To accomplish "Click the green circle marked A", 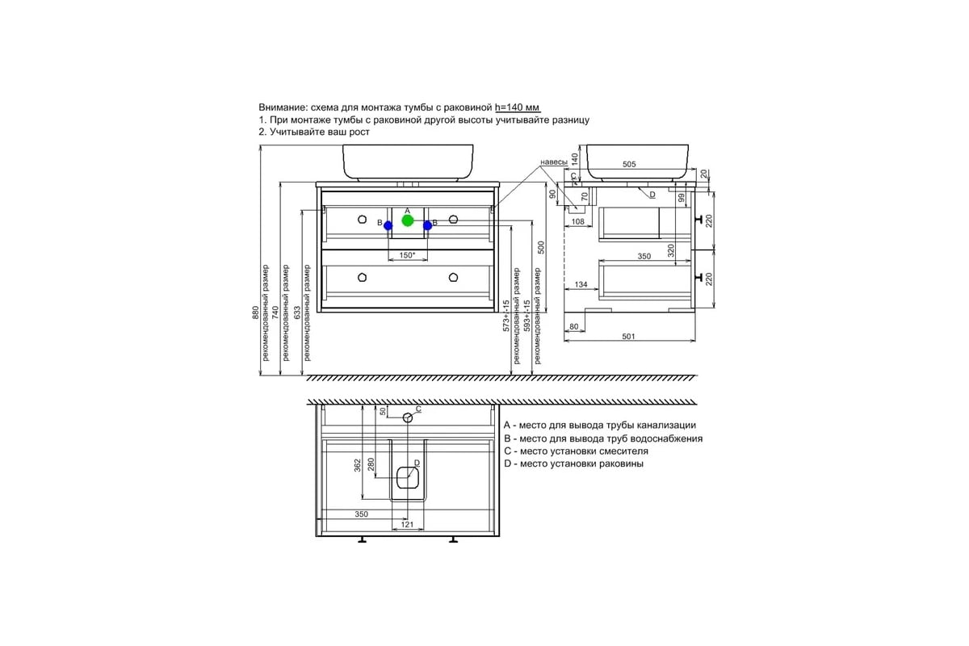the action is click(408, 220).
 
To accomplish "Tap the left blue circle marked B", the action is click(388, 225).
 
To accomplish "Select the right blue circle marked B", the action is click(427, 225).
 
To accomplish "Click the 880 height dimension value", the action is click(255, 313).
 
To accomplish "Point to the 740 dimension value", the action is click(275, 313).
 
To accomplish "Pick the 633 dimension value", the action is click(297, 313).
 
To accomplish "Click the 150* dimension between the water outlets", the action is click(407, 255).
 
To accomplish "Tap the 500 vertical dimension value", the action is click(540, 247).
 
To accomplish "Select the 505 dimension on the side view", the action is click(629, 164).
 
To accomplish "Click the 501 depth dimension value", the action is click(628, 336).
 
